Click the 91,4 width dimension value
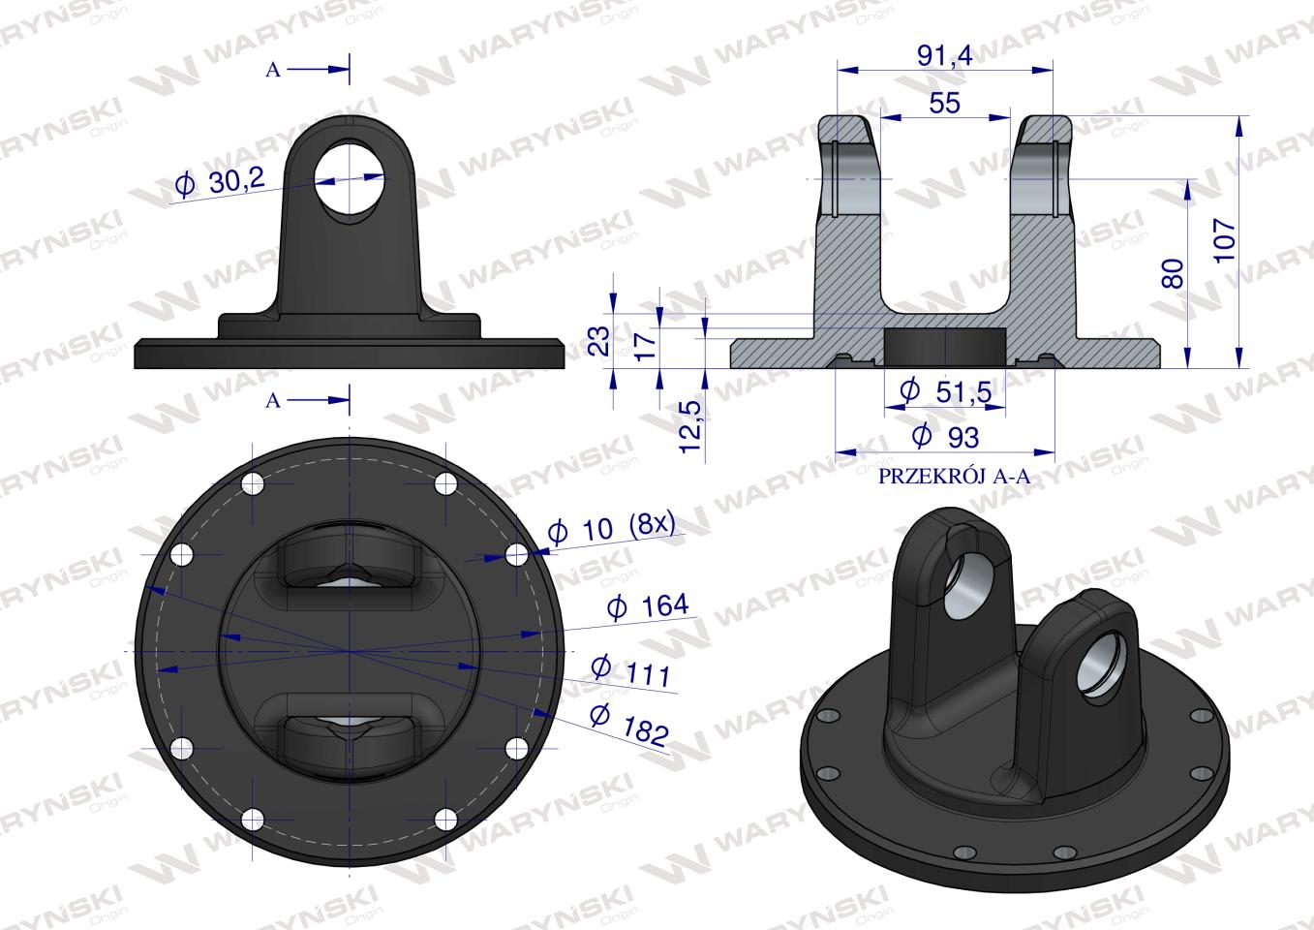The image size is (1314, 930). pos(945,56)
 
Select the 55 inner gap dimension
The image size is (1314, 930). pos(944,103)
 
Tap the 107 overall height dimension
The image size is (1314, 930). pos(1224,240)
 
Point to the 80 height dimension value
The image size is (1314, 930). pos(1173,273)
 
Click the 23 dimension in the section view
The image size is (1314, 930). pos(599,340)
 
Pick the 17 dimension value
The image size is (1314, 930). pos(645,346)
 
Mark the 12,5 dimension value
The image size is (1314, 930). pos(690,426)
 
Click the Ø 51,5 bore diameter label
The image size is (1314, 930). pos(945,391)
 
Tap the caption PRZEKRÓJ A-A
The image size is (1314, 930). pos(954,477)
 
